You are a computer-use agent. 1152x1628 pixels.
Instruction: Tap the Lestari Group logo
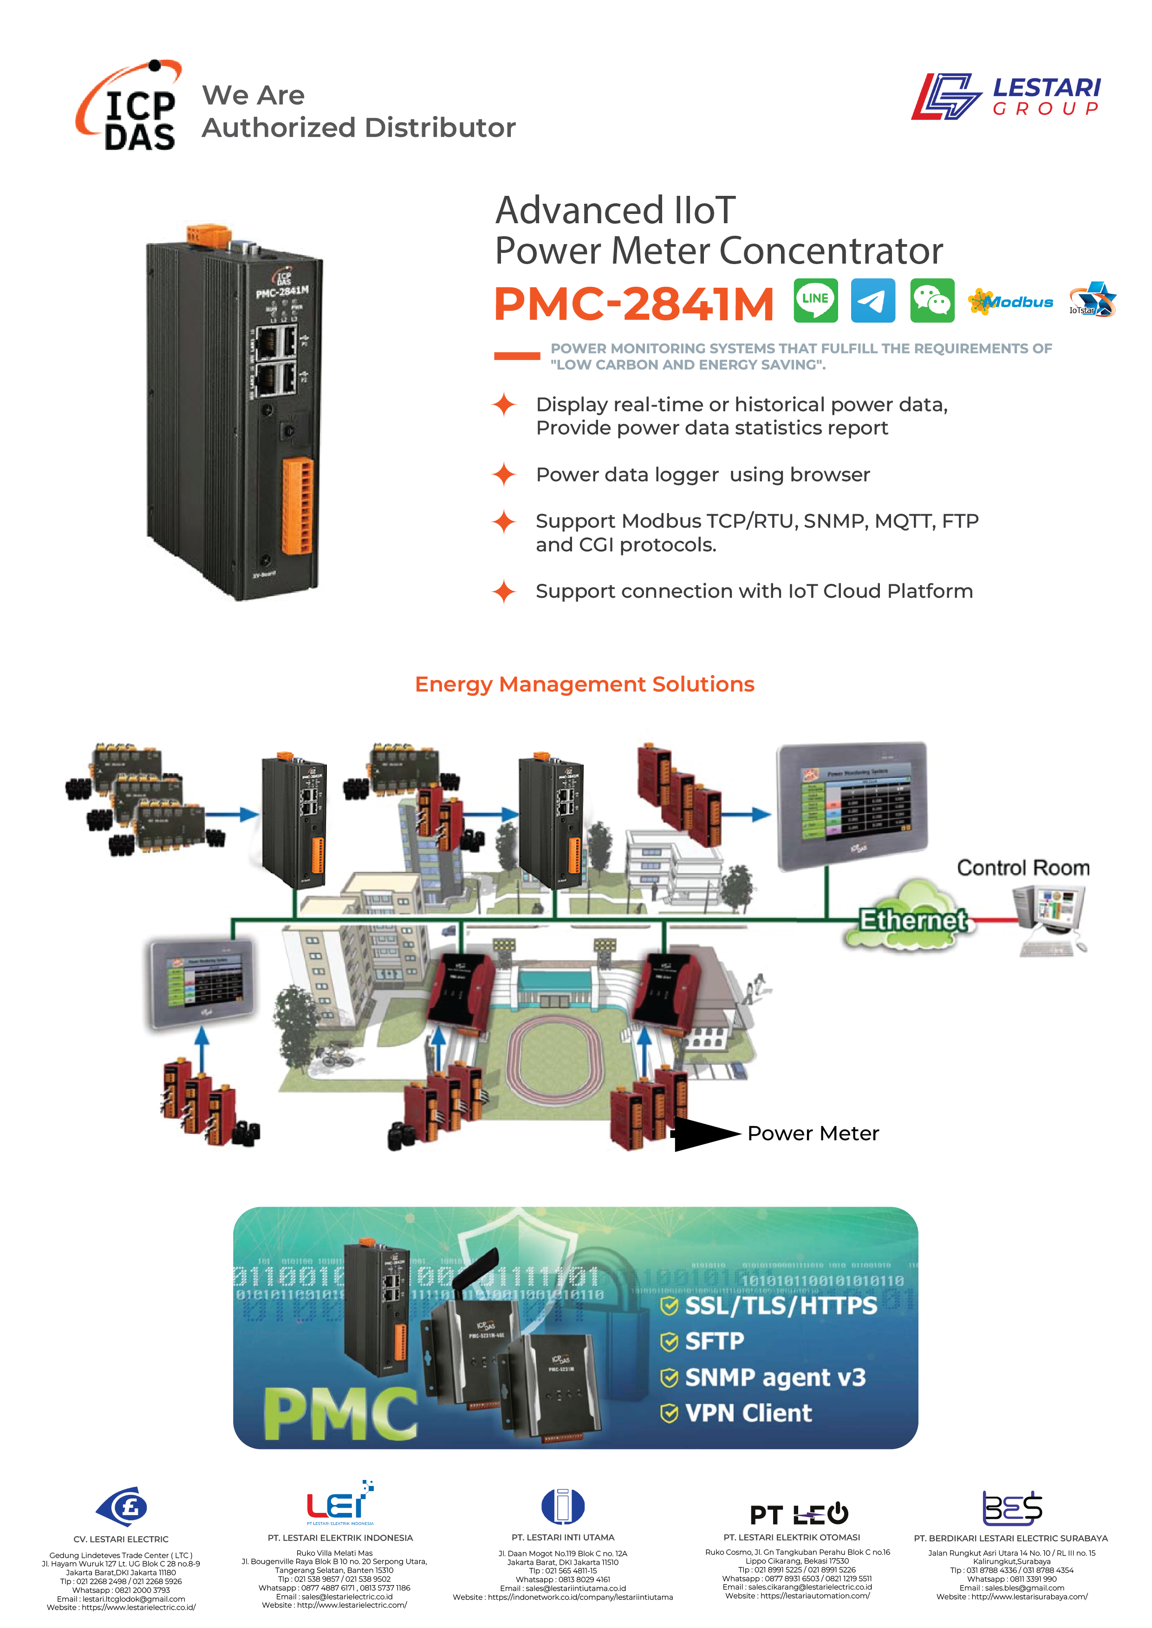click(1006, 97)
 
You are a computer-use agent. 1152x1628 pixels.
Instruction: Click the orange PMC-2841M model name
click(633, 304)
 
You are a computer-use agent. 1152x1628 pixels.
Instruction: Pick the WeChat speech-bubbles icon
click(931, 301)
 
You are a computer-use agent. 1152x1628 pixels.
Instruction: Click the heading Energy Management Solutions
click(585, 684)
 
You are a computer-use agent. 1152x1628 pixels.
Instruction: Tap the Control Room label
click(1023, 868)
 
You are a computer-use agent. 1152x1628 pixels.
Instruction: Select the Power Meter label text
click(813, 1133)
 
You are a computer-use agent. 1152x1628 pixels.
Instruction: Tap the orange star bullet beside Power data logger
click(504, 474)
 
